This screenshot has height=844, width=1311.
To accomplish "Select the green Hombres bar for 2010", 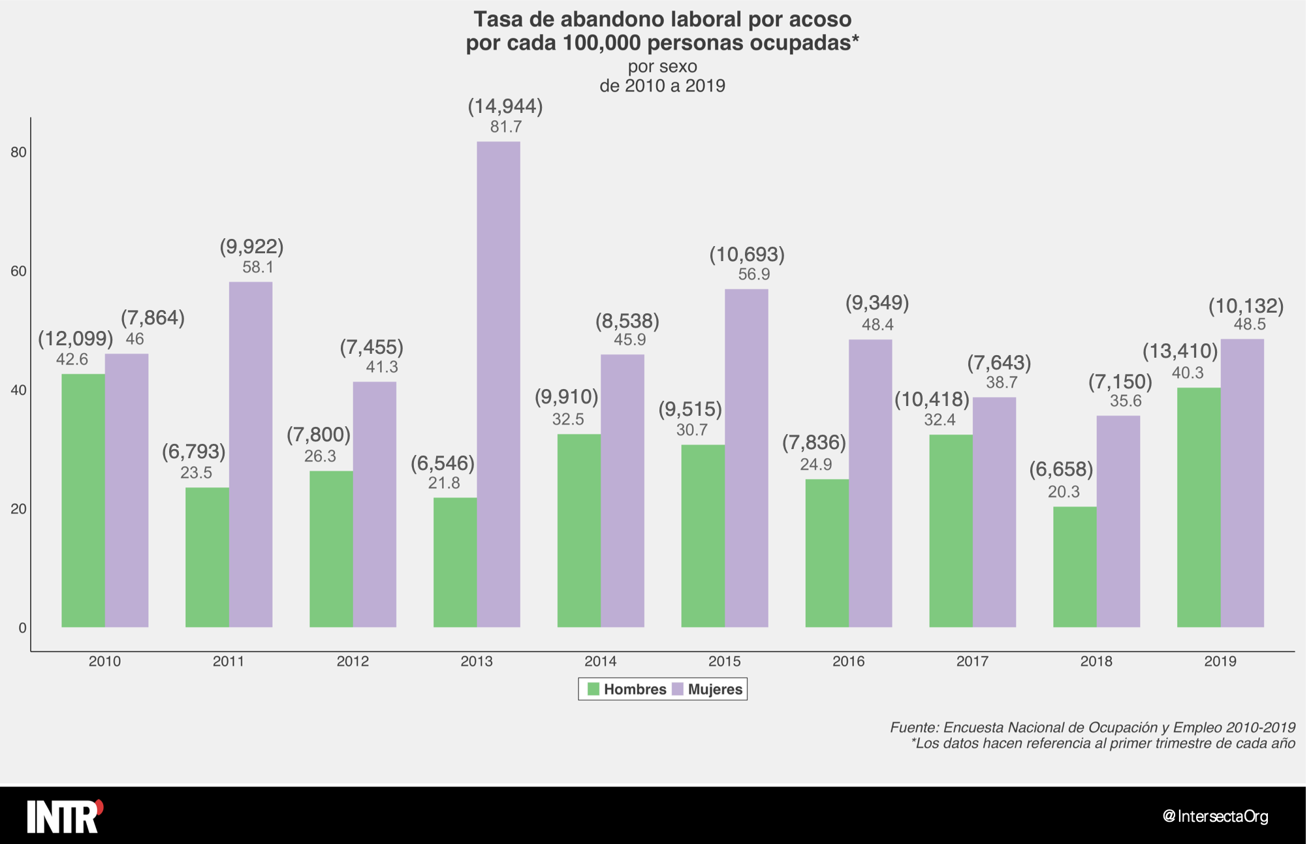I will point(83,500).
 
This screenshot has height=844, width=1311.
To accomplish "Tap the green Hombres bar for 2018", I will point(1075,567).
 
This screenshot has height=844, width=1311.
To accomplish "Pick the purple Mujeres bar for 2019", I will point(1242,483).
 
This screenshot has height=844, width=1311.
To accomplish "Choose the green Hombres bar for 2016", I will point(827,553).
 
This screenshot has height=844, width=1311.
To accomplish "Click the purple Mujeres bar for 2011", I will point(251,454).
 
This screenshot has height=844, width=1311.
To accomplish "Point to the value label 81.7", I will point(506,127).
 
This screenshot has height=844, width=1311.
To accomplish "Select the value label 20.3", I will point(1064,492).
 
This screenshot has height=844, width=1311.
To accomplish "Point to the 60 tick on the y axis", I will point(18,272).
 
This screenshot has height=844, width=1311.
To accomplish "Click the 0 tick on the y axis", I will point(22,628).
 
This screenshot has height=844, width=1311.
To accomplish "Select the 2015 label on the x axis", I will point(724,661).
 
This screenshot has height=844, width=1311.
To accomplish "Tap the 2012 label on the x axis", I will point(353,661).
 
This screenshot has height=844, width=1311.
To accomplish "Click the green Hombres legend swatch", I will point(593,689).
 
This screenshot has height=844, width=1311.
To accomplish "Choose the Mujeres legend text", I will point(715,689).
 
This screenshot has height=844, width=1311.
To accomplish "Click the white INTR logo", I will point(64,816).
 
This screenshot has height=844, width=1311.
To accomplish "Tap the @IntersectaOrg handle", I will point(1215,816).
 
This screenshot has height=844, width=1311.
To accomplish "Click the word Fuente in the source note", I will point(913,727).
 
